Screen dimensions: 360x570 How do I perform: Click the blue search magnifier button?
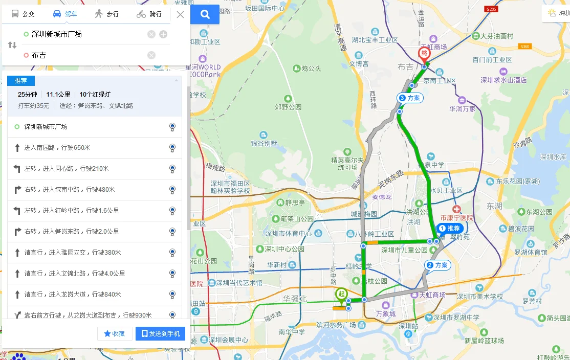click(x=205, y=14)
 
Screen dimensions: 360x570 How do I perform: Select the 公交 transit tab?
click(x=23, y=14)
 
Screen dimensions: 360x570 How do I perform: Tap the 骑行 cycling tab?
click(x=149, y=14)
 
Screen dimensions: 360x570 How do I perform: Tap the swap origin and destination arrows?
click(x=12, y=45)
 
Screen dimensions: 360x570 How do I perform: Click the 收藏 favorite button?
click(x=115, y=334)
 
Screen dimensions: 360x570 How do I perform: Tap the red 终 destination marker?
click(x=424, y=54)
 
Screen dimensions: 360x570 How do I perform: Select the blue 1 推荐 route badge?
click(x=450, y=228)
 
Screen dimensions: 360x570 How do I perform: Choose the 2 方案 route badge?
click(x=437, y=265)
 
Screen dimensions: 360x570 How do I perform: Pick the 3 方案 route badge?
click(x=410, y=98)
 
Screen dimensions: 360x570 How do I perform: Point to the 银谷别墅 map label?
click(x=263, y=144)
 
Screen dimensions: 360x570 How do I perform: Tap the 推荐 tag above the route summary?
click(x=21, y=81)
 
